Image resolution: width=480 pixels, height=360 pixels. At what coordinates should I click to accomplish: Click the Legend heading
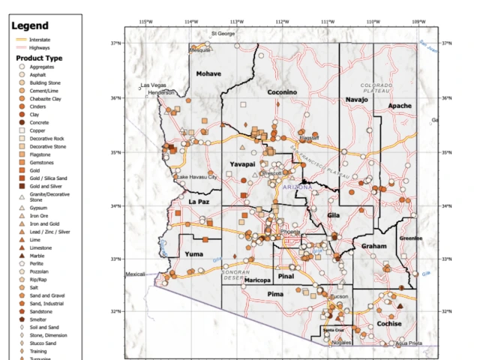[30, 26]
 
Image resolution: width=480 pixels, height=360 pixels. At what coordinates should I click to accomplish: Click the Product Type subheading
[39, 58]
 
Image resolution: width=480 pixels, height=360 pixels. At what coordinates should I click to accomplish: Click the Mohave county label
[209, 73]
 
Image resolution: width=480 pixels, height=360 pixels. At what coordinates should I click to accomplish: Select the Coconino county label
[282, 91]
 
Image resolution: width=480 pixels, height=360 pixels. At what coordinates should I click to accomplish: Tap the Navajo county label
[358, 99]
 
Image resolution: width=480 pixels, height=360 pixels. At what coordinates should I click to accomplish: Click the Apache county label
[400, 106]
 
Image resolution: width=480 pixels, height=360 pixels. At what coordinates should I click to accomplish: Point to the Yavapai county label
[242, 163]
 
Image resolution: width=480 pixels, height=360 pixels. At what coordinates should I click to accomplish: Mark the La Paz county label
[199, 201]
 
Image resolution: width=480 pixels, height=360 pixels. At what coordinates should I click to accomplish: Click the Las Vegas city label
[157, 85]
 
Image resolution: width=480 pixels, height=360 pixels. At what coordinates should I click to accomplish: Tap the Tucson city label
[339, 297]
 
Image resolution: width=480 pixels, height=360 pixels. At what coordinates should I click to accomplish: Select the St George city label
[223, 34]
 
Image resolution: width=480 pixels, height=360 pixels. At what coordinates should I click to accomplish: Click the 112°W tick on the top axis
[281, 21]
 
